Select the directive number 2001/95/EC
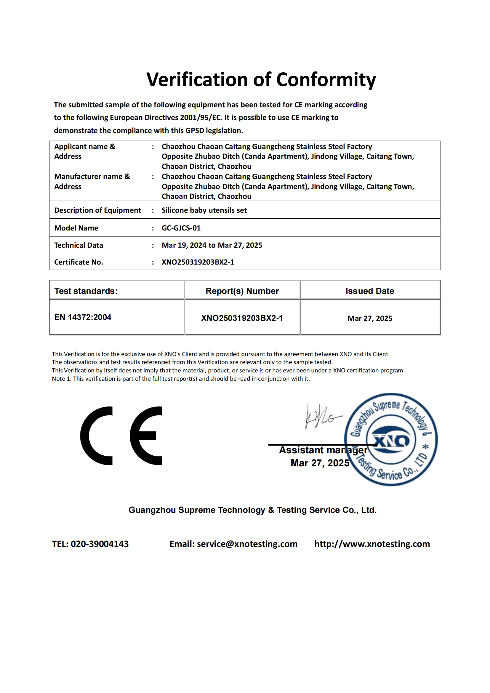point(201,118)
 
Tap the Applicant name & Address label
point(84,151)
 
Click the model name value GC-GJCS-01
point(181,228)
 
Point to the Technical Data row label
point(79,245)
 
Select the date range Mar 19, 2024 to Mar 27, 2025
point(212,245)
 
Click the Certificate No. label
point(79,262)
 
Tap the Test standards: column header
point(86,291)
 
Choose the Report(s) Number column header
point(242,291)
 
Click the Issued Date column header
point(370,291)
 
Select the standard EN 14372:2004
point(83,317)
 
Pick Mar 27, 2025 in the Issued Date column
point(370,319)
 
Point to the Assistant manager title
point(323,450)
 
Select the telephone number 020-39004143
point(100,544)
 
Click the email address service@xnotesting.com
point(247,544)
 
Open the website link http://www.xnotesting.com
point(372,544)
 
